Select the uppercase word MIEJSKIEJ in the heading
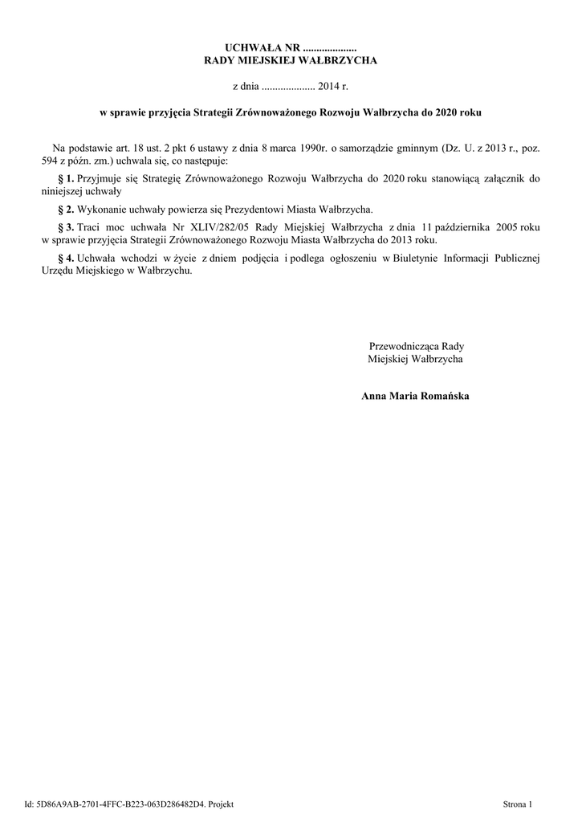pos(287,61)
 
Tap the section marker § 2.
pos(67,208)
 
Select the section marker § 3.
pos(67,227)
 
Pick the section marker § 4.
pos(67,258)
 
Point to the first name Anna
pos(375,397)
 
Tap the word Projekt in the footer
pos(220,804)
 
